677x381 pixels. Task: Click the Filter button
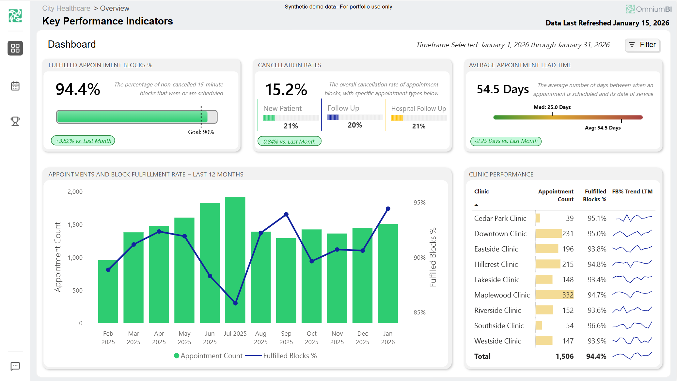click(642, 45)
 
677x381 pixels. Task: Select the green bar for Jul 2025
click(235, 261)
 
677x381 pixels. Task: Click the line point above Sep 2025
click(286, 215)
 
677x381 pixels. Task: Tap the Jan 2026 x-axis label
click(388, 338)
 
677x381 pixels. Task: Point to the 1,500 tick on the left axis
click(75, 224)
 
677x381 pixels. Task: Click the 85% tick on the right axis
click(419, 312)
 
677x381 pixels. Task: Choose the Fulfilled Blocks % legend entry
click(281, 356)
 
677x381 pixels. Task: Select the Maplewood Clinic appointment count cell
click(567, 295)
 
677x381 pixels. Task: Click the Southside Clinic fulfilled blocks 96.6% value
click(597, 326)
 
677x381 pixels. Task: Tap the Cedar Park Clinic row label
click(500, 218)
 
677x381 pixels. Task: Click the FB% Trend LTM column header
click(632, 191)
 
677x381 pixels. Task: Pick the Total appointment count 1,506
click(564, 356)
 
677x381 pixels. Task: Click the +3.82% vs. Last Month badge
click(83, 141)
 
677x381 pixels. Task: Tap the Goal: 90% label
click(201, 132)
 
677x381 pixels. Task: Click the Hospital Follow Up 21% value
click(418, 126)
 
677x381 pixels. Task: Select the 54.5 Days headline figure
click(502, 89)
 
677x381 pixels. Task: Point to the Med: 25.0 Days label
click(552, 107)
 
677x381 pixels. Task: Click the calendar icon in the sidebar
click(15, 86)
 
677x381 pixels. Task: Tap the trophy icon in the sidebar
click(15, 121)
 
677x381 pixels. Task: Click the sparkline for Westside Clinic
click(632, 341)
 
